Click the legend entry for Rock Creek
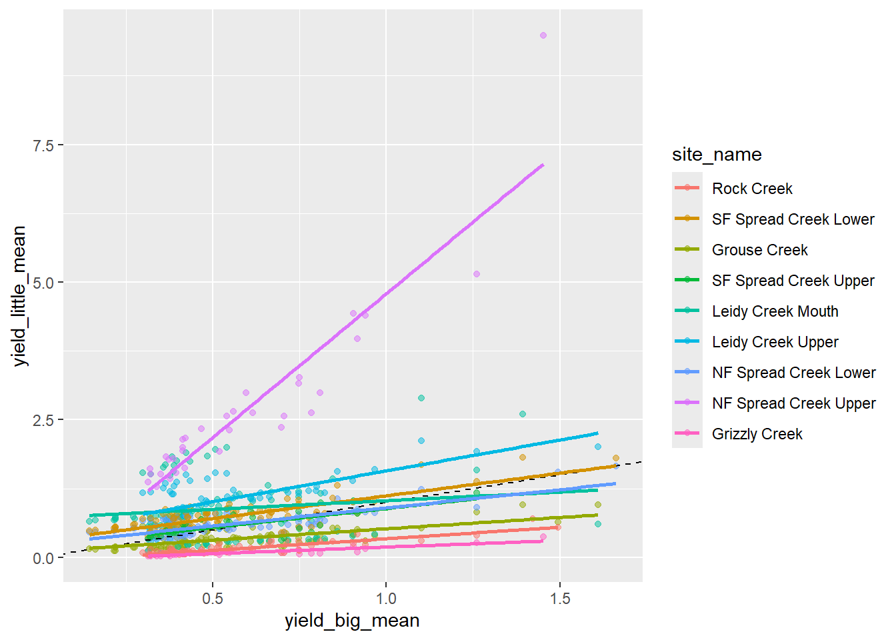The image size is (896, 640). tap(752, 189)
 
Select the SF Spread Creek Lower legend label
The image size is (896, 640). tap(793, 219)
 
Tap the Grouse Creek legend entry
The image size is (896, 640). tap(759, 250)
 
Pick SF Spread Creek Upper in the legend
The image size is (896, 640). tap(793, 281)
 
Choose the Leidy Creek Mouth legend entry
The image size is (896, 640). tap(775, 311)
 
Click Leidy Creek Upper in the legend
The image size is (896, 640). tap(775, 342)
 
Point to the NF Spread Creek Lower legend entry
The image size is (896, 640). tap(793, 373)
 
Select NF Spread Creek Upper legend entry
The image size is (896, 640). tap(793, 403)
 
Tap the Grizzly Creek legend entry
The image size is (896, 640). tap(757, 434)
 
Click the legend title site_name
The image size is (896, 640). tap(717, 155)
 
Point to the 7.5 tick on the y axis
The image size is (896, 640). tap(43, 145)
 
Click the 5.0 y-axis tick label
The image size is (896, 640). tap(43, 283)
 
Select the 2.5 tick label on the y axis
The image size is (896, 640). tap(43, 420)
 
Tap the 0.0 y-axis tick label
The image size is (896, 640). tap(43, 558)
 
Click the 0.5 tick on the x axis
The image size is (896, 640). tap(213, 598)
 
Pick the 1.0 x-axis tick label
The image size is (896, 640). tap(386, 598)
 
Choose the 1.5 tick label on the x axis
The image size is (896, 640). tap(560, 598)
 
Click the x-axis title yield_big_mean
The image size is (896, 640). tap(352, 621)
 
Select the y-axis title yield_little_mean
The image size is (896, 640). tap(19, 295)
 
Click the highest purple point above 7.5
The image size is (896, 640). tap(543, 35)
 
